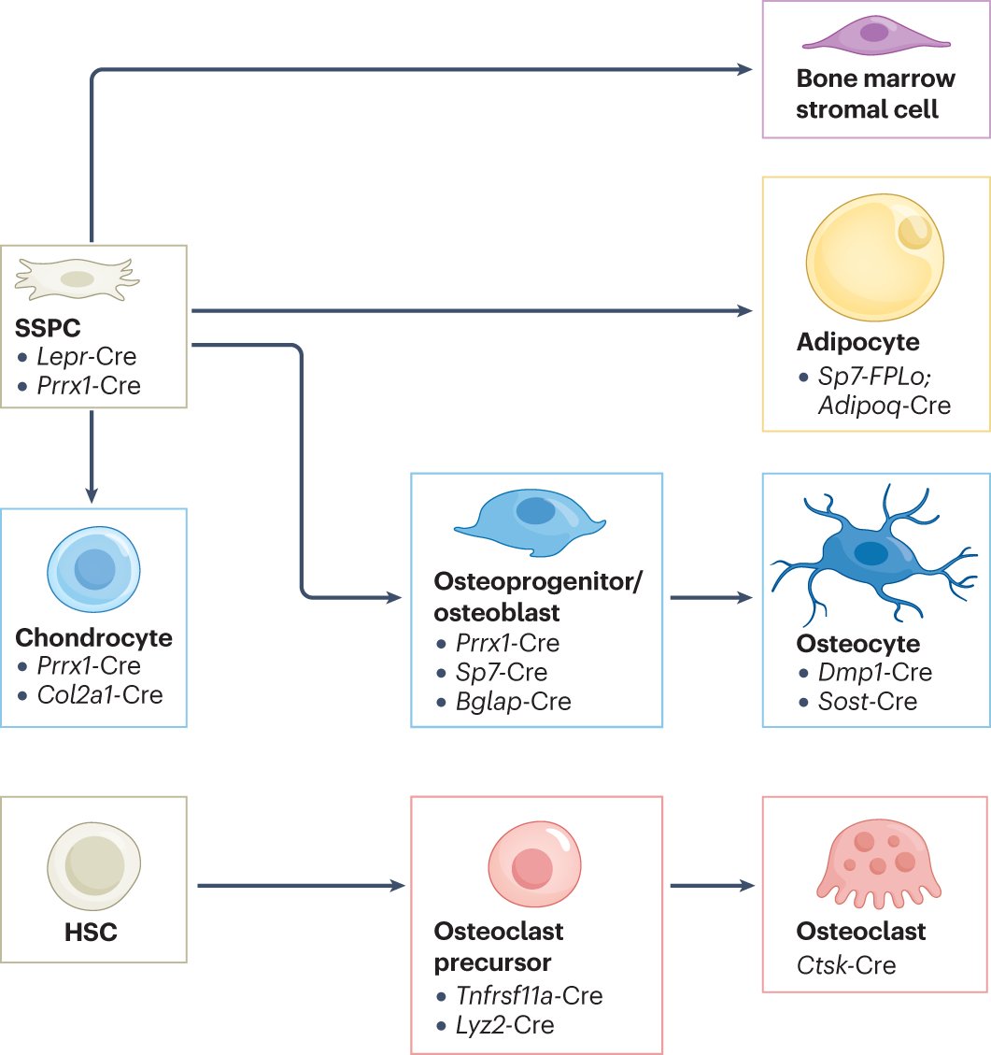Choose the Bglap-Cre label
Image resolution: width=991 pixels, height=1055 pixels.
(x=512, y=701)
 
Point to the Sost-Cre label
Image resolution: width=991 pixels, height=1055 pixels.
(x=864, y=701)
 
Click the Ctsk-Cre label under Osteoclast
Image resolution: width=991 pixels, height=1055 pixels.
(x=846, y=963)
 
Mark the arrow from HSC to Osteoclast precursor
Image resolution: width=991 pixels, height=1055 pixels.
(x=299, y=884)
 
